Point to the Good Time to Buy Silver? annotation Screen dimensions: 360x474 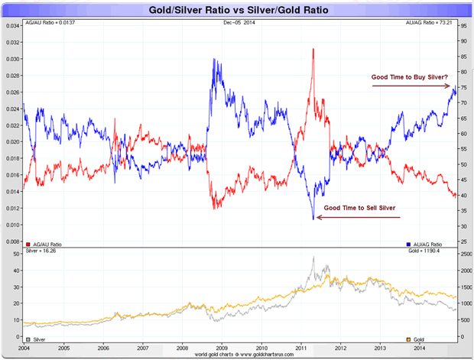410,76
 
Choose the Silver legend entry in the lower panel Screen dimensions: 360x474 37,338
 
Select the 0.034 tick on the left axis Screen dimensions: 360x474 13,25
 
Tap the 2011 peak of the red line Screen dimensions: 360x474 313,50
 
